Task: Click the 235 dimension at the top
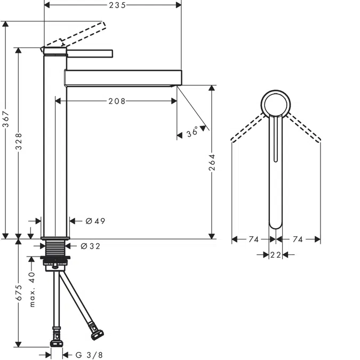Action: pos(113,5)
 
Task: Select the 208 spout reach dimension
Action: pos(116,101)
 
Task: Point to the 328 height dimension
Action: pos(19,141)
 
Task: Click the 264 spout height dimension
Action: pos(212,163)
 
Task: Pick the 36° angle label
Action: pos(193,132)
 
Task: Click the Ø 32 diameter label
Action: pos(90,246)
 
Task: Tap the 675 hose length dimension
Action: pos(19,293)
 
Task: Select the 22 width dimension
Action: pos(275,255)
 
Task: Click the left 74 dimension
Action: pos(253,240)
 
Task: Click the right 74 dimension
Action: pos(298,240)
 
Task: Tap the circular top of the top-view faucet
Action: pos(276,104)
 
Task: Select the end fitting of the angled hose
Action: pos(97,334)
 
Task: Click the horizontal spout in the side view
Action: pos(123,77)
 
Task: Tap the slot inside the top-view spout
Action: pos(275,139)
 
